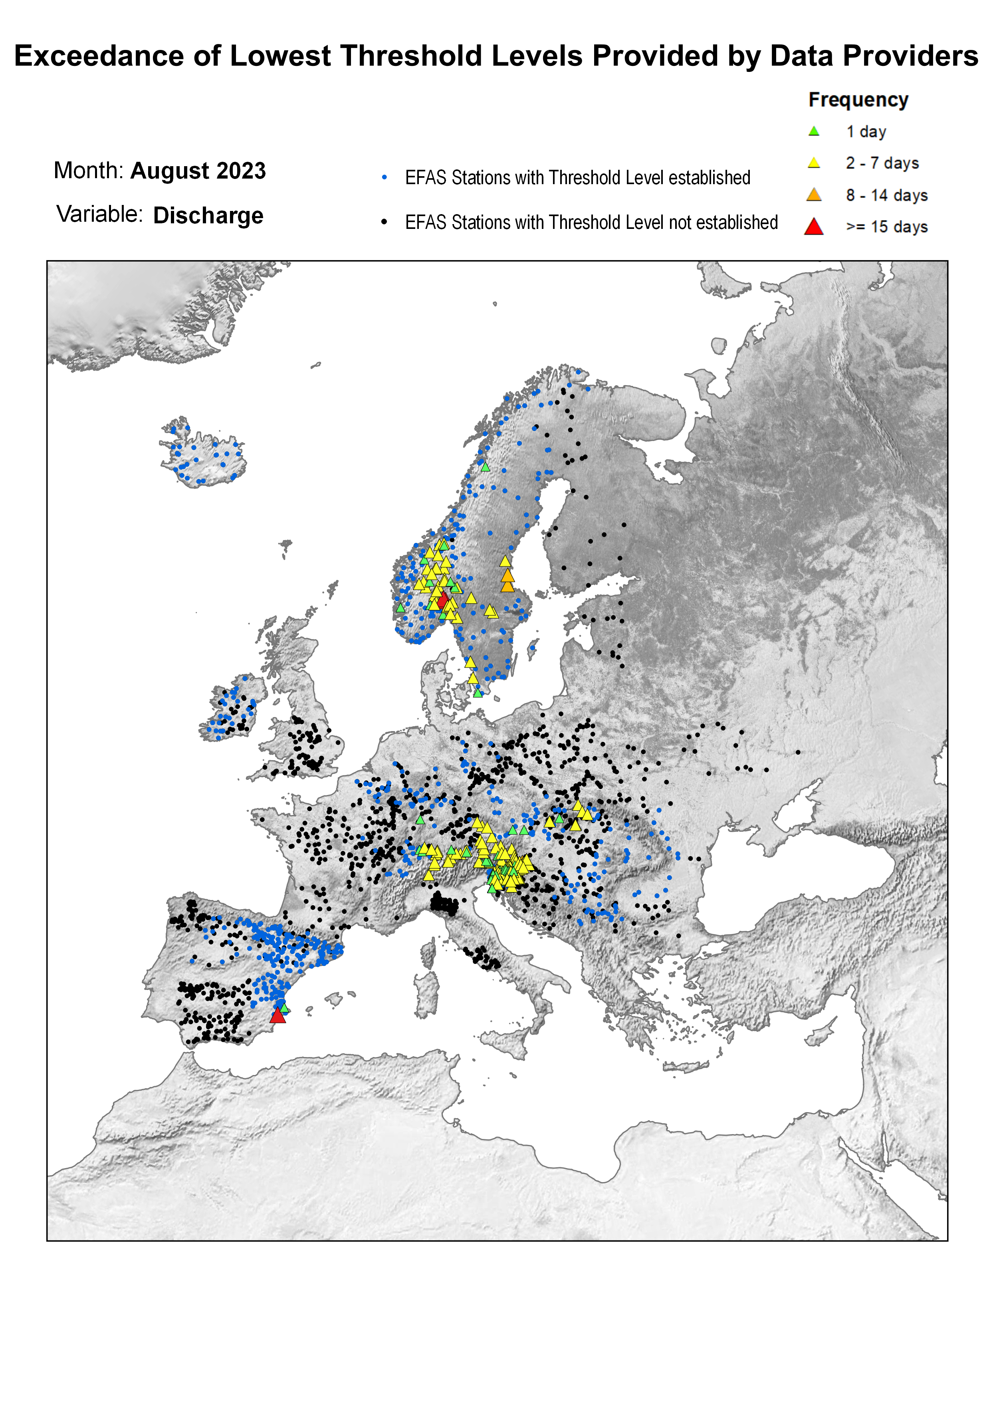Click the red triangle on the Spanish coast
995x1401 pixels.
[277, 1017]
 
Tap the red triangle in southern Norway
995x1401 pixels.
[442, 600]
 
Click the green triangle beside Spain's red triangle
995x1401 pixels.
[283, 1008]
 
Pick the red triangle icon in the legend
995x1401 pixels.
[814, 227]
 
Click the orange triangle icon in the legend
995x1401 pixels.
[814, 195]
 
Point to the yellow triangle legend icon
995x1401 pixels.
[814, 163]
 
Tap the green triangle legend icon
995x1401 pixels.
[814, 131]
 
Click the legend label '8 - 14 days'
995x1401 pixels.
[886, 195]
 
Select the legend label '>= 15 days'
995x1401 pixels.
[886, 227]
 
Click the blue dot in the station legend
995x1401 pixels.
[384, 178]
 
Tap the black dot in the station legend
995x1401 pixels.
[384, 222]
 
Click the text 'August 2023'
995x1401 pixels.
[198, 171]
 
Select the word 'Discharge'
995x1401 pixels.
[208, 216]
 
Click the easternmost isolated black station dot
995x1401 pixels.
[798, 752]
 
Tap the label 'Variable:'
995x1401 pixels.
[99, 215]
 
